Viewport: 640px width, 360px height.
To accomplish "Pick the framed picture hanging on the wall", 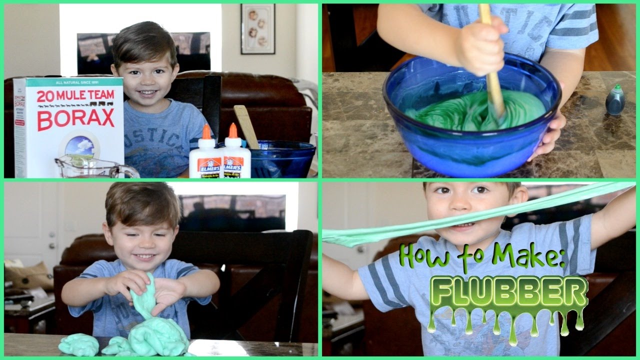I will pos(257,29).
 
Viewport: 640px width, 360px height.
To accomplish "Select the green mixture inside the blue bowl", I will pos(465,110).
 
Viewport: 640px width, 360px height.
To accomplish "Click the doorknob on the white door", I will pos(51,246).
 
